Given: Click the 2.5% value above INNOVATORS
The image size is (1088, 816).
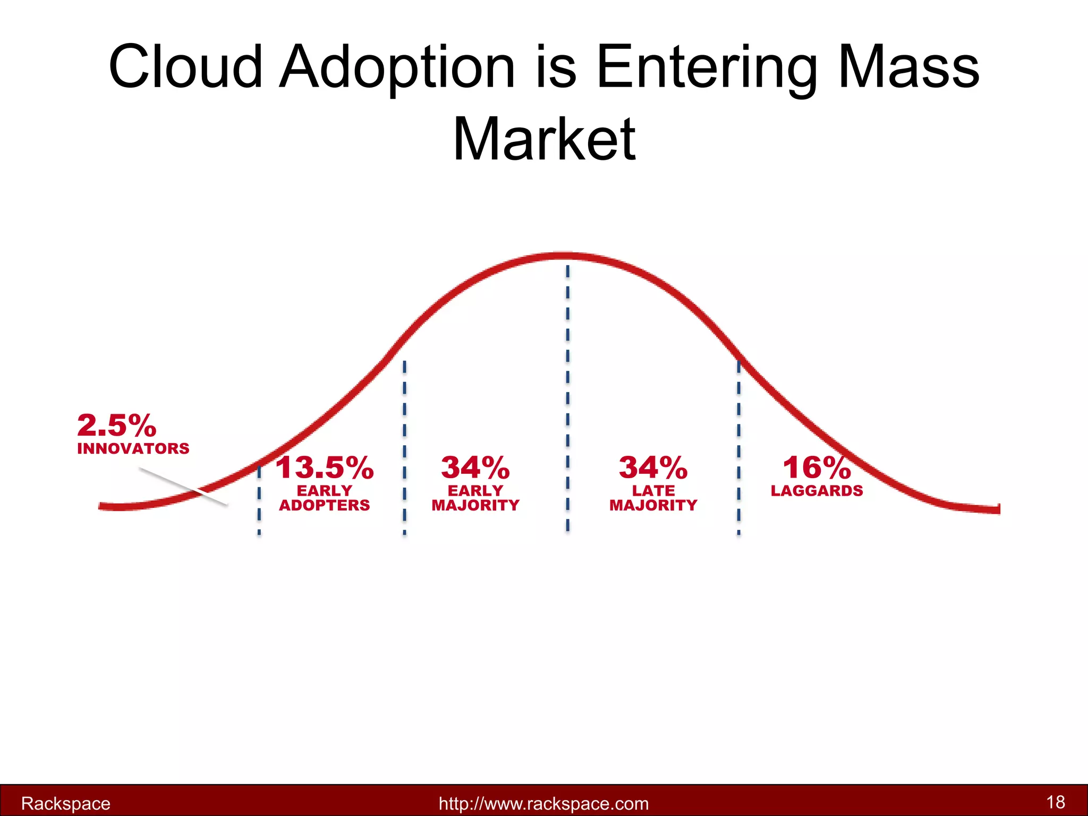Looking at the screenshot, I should [x=116, y=426].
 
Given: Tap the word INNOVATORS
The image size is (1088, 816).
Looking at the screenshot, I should [x=133, y=449].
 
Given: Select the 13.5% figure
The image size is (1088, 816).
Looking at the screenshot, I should [x=324, y=467].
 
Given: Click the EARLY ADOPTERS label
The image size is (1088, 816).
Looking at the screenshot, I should [x=324, y=498].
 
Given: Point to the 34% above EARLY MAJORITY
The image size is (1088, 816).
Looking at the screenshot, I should [x=475, y=467].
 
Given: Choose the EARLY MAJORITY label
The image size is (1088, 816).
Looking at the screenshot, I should [x=475, y=498].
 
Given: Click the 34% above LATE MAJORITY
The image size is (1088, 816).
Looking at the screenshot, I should [x=653, y=467].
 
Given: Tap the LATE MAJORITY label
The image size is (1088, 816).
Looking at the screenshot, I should [x=653, y=498].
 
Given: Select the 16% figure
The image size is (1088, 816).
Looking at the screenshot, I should [x=817, y=467].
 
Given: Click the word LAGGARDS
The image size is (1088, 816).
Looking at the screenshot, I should [x=817, y=491].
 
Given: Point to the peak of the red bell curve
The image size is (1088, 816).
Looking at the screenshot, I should [x=566, y=257].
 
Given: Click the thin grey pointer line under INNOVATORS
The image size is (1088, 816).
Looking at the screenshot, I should [x=183, y=486].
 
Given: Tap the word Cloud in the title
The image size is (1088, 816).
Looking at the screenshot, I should [x=185, y=67].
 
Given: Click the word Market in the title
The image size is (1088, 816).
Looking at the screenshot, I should [x=544, y=139].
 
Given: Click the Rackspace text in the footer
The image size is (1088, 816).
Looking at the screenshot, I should [x=65, y=803].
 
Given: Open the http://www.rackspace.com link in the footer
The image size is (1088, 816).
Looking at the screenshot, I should [x=543, y=803].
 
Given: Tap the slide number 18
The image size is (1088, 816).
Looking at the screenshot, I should [x=1056, y=802].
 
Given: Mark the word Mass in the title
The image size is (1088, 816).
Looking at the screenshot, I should [x=908, y=67].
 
